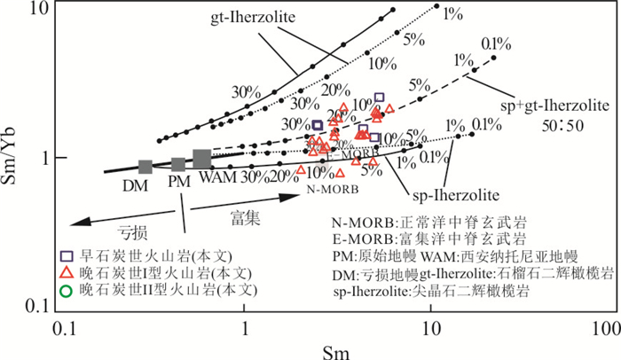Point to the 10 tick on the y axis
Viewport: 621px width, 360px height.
(x=41, y=9)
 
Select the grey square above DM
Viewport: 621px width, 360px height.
(x=145, y=167)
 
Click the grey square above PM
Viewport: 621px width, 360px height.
(x=178, y=164)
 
